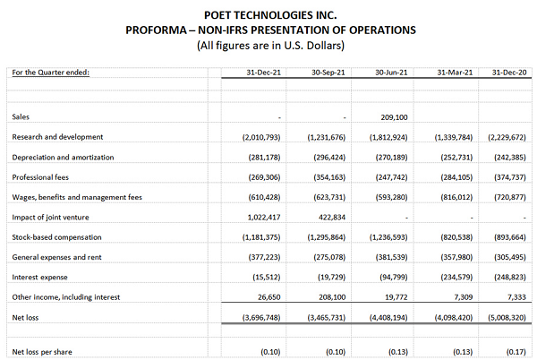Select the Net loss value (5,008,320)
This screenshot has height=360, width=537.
(x=507, y=316)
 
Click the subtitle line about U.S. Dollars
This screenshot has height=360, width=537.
(x=268, y=44)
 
